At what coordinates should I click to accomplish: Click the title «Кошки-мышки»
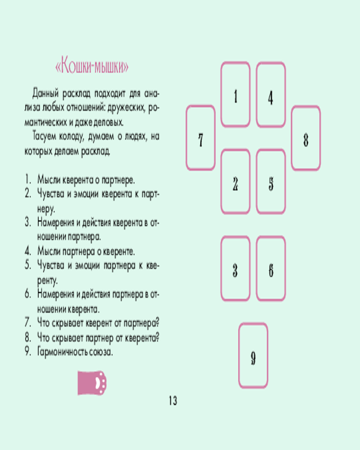point(92,67)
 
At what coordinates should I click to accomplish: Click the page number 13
point(173,400)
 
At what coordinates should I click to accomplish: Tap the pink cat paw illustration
point(92,383)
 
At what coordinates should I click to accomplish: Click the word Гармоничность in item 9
point(62,352)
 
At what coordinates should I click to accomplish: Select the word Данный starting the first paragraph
point(45,93)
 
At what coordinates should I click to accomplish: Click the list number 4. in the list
point(27,251)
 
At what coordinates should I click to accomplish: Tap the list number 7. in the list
point(27,323)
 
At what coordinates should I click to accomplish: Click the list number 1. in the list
point(27,180)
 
